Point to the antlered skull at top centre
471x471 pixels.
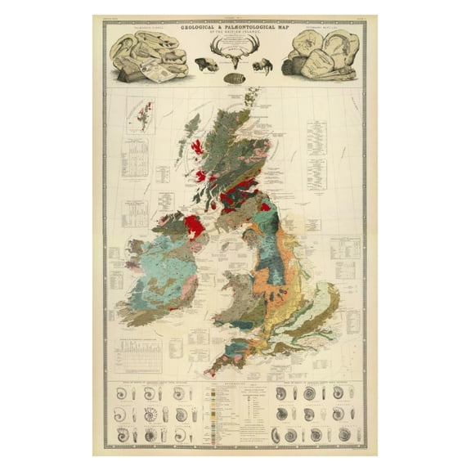coord(235,56)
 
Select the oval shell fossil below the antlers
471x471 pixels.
coord(236,79)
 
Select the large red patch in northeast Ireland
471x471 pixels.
coord(195,224)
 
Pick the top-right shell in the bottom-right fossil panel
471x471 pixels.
coord(351,393)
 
